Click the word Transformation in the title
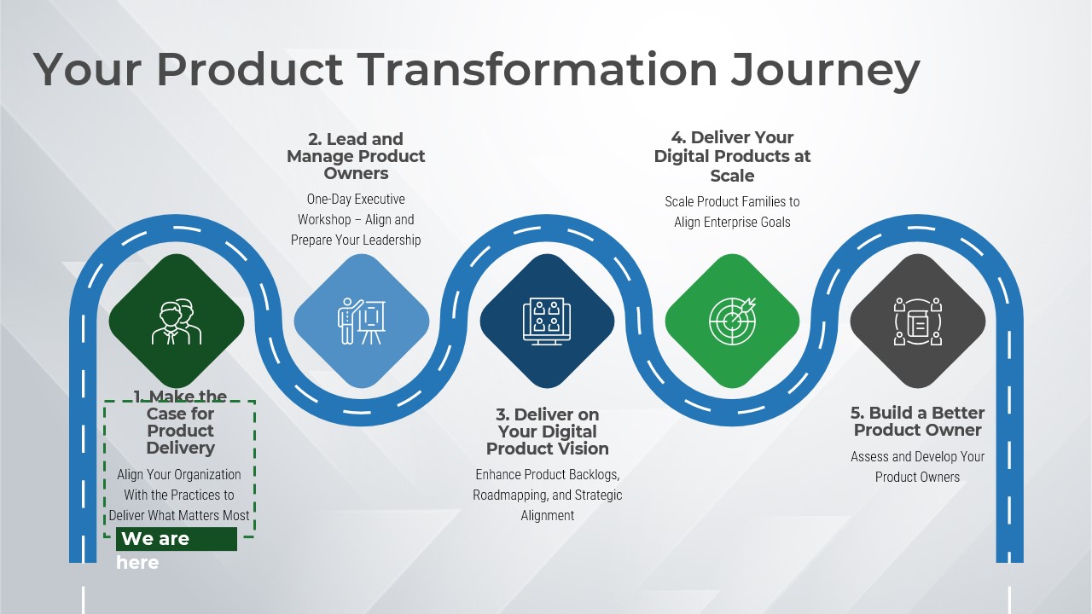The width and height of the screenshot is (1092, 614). tap(537, 69)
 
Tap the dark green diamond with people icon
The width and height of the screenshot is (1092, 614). tap(177, 321)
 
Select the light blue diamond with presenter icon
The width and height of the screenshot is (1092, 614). tap(362, 321)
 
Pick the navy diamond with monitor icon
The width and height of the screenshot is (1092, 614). tap(547, 321)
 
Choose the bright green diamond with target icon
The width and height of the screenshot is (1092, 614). tap(732, 321)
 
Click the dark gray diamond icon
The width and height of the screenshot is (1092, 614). tap(917, 321)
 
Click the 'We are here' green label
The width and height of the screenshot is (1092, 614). tap(177, 540)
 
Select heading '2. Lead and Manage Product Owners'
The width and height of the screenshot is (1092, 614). tap(356, 156)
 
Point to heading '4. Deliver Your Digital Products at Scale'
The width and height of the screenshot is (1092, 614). tap(732, 157)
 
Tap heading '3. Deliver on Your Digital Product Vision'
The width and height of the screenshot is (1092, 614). tap(547, 432)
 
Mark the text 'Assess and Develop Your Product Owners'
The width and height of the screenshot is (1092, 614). tap(917, 466)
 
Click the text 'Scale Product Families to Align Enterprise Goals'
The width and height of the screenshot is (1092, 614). tap(732, 211)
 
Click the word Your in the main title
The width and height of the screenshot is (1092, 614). tap(86, 69)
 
